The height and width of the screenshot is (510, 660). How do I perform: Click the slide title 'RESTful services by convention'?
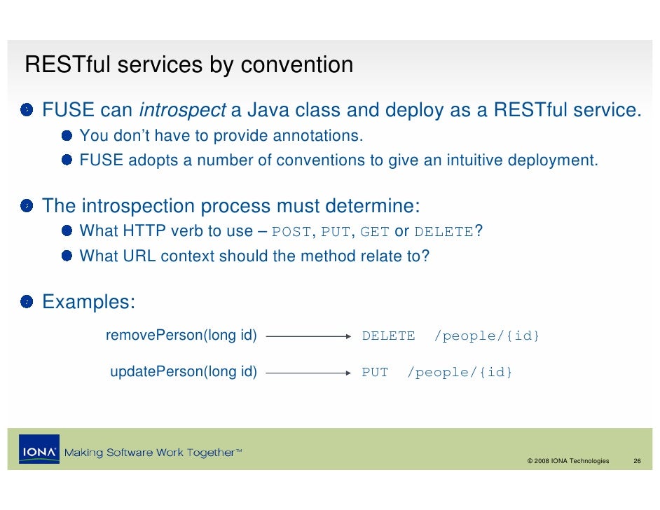pos(188,65)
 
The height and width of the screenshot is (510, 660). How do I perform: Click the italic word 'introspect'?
pos(182,111)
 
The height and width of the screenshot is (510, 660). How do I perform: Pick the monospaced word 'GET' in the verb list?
pos(374,233)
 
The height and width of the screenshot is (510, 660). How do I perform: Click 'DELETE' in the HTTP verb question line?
pos(444,233)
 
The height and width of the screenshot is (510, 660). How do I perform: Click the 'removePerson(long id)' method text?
pos(181,336)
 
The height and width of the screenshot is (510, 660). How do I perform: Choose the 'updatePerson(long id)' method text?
pos(184,372)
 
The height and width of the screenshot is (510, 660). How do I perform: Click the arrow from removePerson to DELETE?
pos(308,336)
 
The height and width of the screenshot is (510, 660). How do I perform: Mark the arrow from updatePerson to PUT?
pos(308,373)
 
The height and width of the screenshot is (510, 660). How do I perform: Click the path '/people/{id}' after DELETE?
pos(487,336)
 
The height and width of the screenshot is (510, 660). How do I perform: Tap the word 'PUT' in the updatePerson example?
pos(375,373)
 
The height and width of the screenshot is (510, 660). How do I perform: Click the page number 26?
pos(637,461)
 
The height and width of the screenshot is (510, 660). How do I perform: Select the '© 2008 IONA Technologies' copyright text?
pos(568,461)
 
